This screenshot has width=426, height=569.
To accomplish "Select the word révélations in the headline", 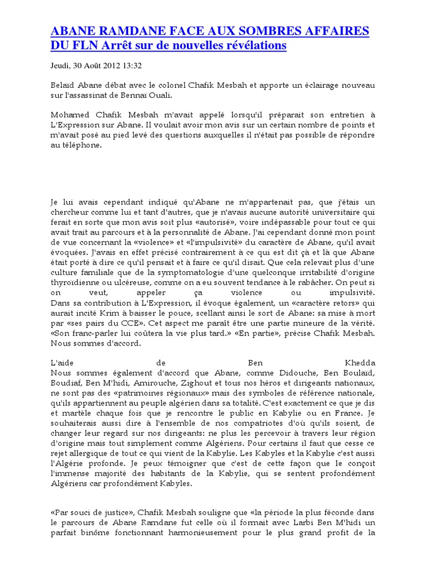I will coord(254,46).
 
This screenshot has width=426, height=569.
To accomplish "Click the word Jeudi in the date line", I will coord(59,66).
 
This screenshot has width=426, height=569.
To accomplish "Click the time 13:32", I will coord(133,66).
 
